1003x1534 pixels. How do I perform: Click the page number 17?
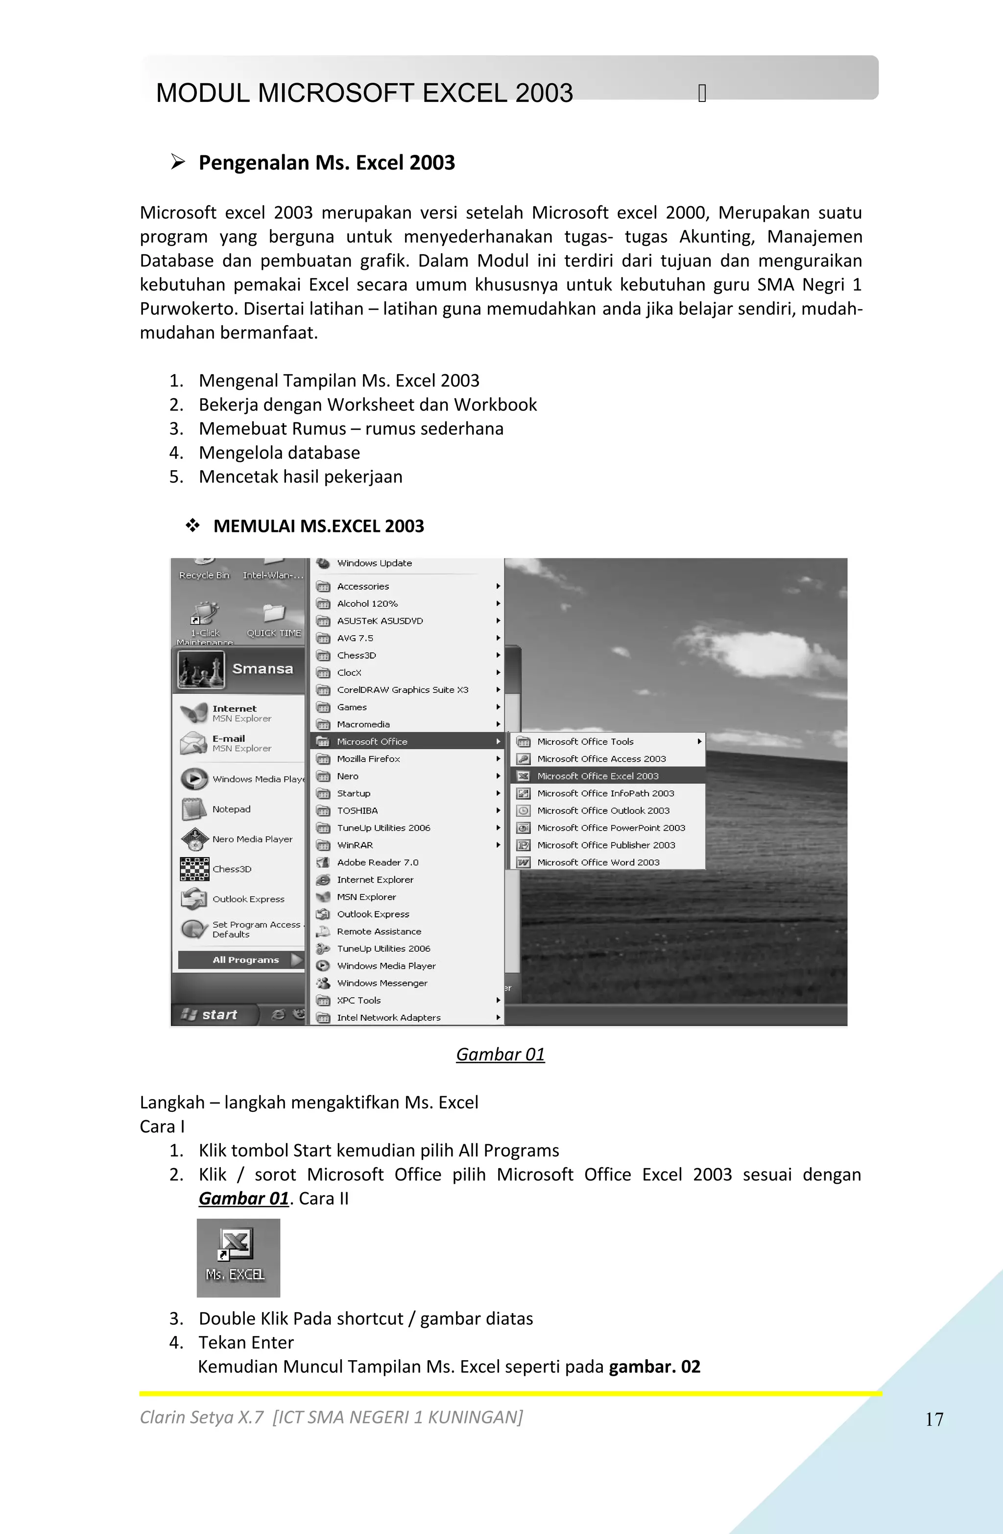coord(934,1418)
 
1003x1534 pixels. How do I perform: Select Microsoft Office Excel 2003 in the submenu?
coord(597,776)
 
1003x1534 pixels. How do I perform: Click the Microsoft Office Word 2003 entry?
coord(597,863)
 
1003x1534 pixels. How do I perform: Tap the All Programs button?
coord(245,959)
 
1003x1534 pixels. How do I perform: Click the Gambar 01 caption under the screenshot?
coord(500,1055)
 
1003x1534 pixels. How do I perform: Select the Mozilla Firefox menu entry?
coord(368,759)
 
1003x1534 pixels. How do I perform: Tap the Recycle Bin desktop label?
coord(204,575)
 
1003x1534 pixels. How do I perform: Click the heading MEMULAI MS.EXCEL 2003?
coord(318,526)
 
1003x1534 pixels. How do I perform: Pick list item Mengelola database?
coord(279,453)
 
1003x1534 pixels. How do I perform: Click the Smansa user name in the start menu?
coord(263,669)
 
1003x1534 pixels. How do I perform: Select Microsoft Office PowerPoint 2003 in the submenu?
coord(610,828)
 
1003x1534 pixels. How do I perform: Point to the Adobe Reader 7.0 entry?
coord(377,863)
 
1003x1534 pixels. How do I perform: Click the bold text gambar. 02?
coord(654,1366)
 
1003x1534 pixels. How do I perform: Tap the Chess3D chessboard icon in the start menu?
coord(194,869)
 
